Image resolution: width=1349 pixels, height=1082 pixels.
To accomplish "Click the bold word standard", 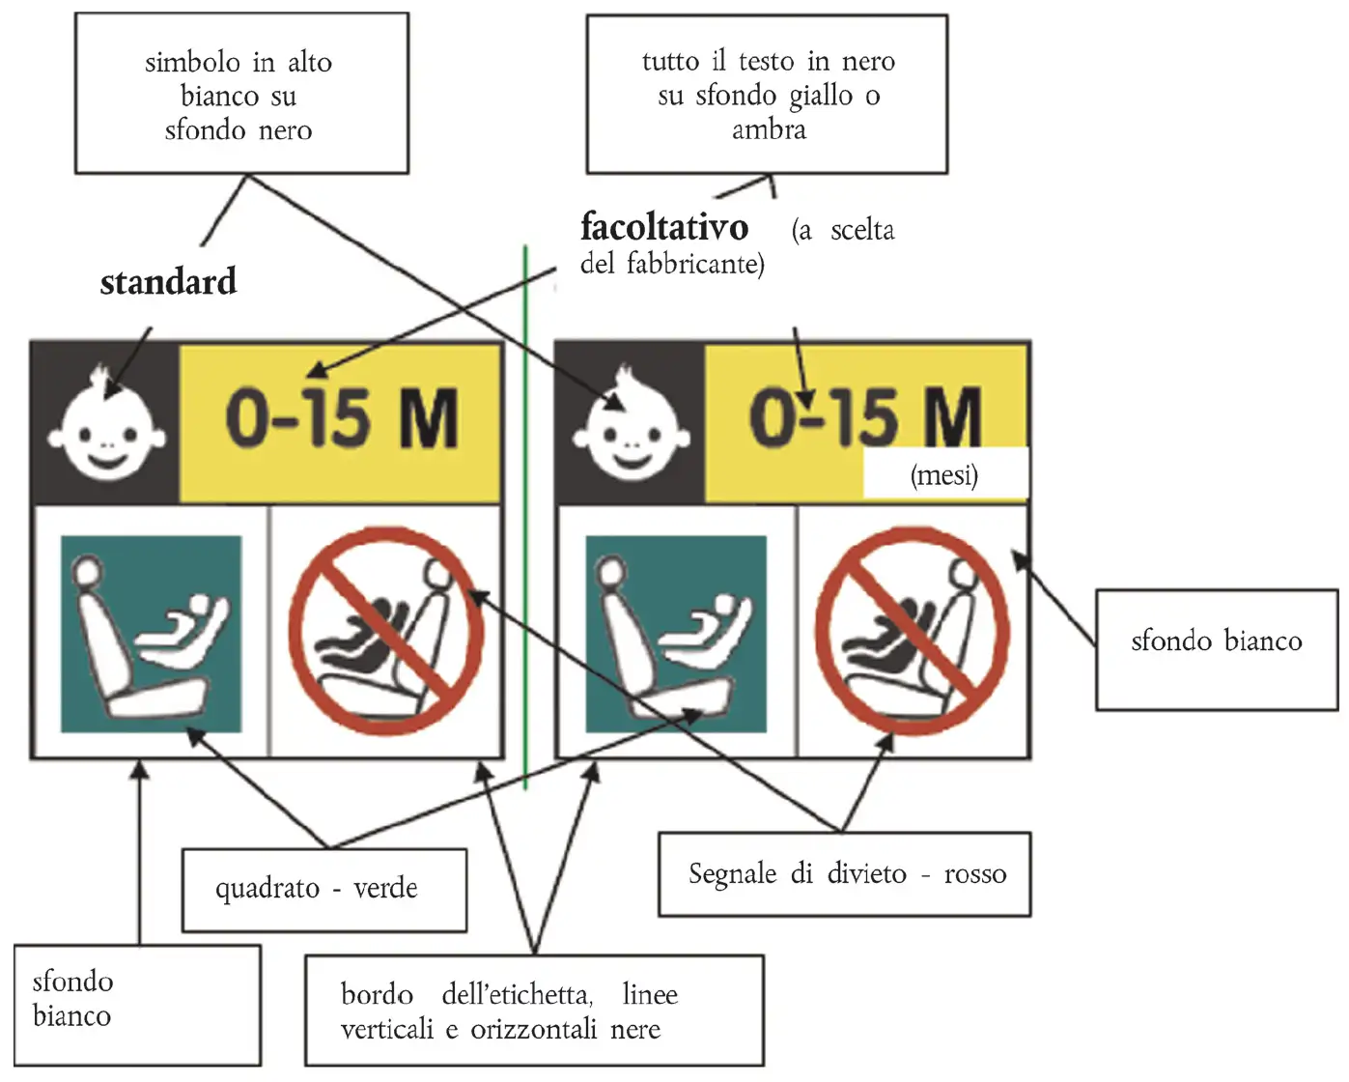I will point(168,282).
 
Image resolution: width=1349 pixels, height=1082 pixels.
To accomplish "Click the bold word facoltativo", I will point(664,227).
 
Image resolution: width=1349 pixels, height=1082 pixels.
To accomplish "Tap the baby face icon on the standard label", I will point(106,423).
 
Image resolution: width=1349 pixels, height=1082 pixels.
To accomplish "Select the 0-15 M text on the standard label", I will point(342,419).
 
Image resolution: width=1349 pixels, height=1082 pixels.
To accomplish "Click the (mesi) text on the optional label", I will point(943,475).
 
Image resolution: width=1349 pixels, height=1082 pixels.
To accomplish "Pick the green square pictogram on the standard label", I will point(152,634).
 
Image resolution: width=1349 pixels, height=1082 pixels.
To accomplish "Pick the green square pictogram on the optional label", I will point(676,634).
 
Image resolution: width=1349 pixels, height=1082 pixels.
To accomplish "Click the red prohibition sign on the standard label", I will point(386,630).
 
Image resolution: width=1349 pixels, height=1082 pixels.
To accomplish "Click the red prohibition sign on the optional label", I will point(912,630).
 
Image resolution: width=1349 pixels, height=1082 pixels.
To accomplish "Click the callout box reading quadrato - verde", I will point(324,890).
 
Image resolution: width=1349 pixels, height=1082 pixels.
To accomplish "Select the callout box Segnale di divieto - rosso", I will point(844,874).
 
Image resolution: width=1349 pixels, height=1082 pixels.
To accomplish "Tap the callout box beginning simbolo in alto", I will point(241,94).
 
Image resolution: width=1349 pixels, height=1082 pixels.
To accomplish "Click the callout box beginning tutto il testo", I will point(767,94).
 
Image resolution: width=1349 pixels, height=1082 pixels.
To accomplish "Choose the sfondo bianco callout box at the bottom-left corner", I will point(137,1005).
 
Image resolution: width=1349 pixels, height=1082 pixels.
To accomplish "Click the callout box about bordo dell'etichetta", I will point(534,1011).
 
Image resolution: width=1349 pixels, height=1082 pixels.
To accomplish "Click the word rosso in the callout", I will point(975,874).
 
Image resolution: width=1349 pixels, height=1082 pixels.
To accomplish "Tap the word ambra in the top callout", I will point(769,129).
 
